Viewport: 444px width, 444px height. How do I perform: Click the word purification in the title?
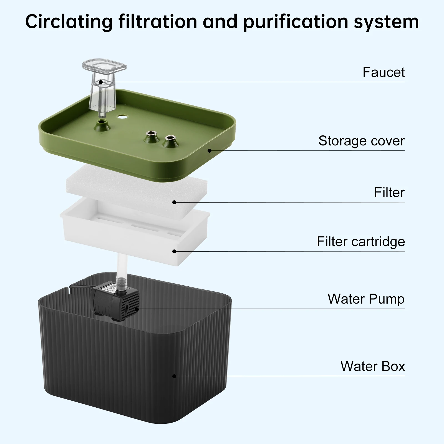click(x=296, y=22)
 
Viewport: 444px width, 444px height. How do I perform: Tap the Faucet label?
click(x=384, y=72)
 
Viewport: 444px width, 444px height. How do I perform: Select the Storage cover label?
click(x=361, y=141)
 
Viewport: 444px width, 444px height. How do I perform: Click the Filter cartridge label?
click(x=361, y=241)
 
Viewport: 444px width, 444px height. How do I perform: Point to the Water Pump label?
click(x=366, y=299)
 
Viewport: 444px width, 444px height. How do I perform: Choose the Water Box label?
click(x=372, y=366)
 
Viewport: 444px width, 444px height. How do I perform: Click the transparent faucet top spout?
click(x=105, y=67)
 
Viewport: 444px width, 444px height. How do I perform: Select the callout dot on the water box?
click(x=174, y=376)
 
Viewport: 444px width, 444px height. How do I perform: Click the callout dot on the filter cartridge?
click(x=174, y=251)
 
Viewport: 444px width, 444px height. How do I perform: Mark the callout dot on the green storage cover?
click(x=210, y=151)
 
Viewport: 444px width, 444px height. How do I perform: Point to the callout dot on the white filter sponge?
click(x=174, y=202)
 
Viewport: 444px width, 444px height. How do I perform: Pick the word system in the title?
click(x=386, y=22)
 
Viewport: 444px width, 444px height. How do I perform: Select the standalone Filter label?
click(x=389, y=192)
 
